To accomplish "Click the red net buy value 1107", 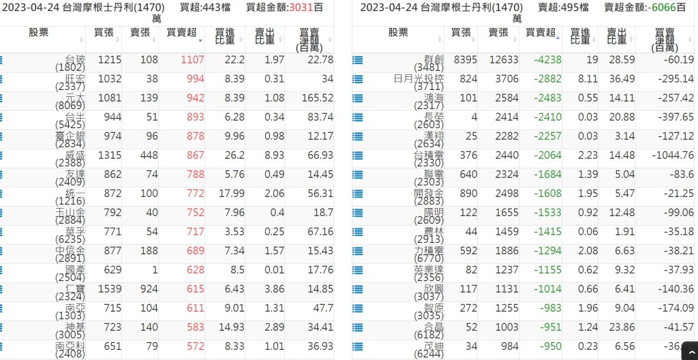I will click(192, 60).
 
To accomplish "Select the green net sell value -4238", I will click(547, 60).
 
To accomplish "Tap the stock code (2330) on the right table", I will click(431, 163).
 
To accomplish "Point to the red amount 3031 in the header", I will click(299, 7).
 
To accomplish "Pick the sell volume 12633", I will click(504, 60).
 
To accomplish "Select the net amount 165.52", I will click(317, 98).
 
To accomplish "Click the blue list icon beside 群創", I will click(357, 60).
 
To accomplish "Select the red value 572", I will click(195, 346).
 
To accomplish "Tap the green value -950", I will click(549, 346).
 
